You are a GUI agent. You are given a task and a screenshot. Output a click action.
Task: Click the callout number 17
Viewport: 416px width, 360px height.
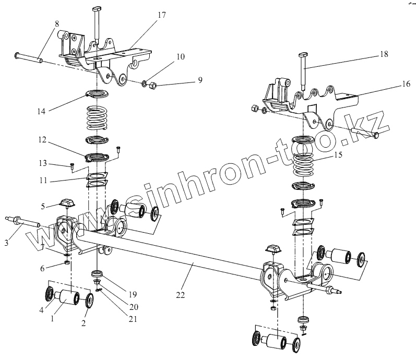(162, 15)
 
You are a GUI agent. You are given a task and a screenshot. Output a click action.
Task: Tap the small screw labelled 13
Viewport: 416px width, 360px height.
(71, 166)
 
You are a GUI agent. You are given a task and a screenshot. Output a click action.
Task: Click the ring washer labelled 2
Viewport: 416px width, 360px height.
(89, 301)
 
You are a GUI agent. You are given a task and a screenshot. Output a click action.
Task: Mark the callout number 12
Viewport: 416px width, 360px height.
(42, 140)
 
